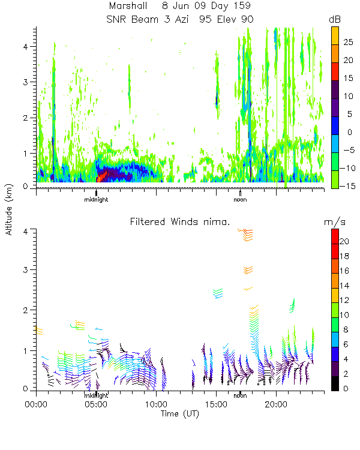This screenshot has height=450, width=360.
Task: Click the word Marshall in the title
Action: point(129,5)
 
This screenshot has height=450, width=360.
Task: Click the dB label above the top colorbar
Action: point(335,19)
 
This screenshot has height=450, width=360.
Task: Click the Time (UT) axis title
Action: point(179,414)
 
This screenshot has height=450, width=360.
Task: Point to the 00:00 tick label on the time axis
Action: point(37,404)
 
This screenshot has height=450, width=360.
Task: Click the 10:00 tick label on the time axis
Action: point(156,404)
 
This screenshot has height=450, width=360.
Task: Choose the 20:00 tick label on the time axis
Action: point(276,404)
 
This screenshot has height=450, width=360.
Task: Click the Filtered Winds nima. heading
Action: point(180,221)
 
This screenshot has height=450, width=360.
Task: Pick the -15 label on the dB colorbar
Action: point(349,186)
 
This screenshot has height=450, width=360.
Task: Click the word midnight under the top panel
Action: point(96,199)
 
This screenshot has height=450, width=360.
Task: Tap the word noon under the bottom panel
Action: point(240,395)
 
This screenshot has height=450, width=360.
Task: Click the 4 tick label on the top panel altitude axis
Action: point(28,46)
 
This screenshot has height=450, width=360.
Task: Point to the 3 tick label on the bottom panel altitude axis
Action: point(28,270)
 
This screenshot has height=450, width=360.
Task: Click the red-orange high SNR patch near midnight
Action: point(103,175)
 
